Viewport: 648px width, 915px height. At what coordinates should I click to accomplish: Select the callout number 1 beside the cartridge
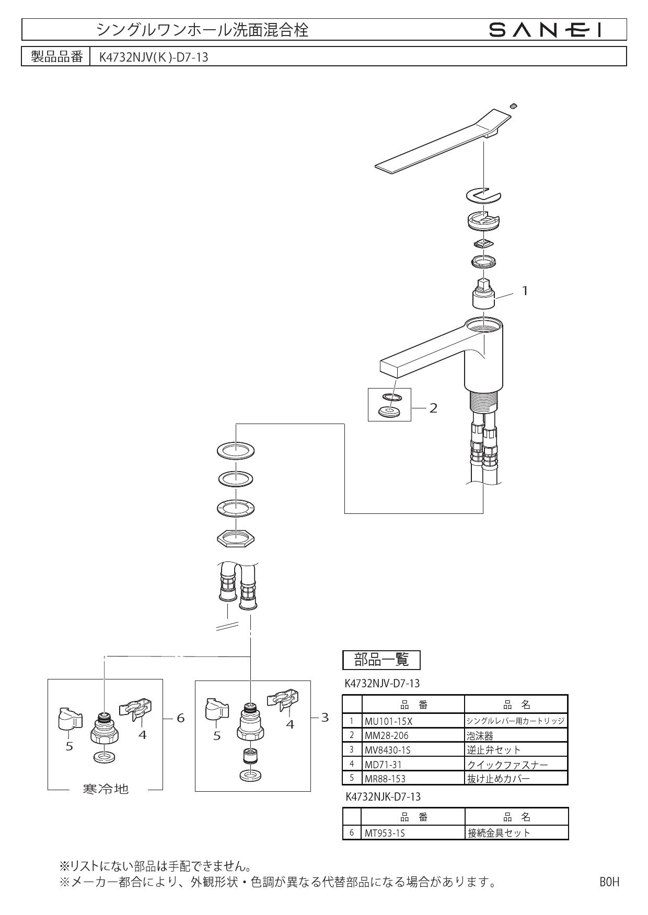point(525,291)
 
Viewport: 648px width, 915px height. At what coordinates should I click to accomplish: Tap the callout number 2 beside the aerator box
point(433,408)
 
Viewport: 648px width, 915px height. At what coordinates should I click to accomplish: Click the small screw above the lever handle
point(514,106)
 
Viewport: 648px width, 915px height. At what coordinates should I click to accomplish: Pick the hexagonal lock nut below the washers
point(235,537)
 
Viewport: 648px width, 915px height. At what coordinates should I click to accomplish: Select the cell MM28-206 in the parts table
point(386,735)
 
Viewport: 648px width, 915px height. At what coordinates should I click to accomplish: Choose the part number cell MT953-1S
point(385,833)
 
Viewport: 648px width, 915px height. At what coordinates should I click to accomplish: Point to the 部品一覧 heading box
point(381,660)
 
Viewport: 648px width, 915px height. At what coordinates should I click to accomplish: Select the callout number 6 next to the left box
point(181,718)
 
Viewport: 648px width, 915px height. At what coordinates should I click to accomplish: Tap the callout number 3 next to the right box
point(325,718)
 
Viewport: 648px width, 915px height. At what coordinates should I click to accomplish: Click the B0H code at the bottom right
point(609,882)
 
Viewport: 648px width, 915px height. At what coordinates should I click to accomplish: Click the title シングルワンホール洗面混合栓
point(202,30)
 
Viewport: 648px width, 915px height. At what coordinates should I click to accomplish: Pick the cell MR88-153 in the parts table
point(385,778)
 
